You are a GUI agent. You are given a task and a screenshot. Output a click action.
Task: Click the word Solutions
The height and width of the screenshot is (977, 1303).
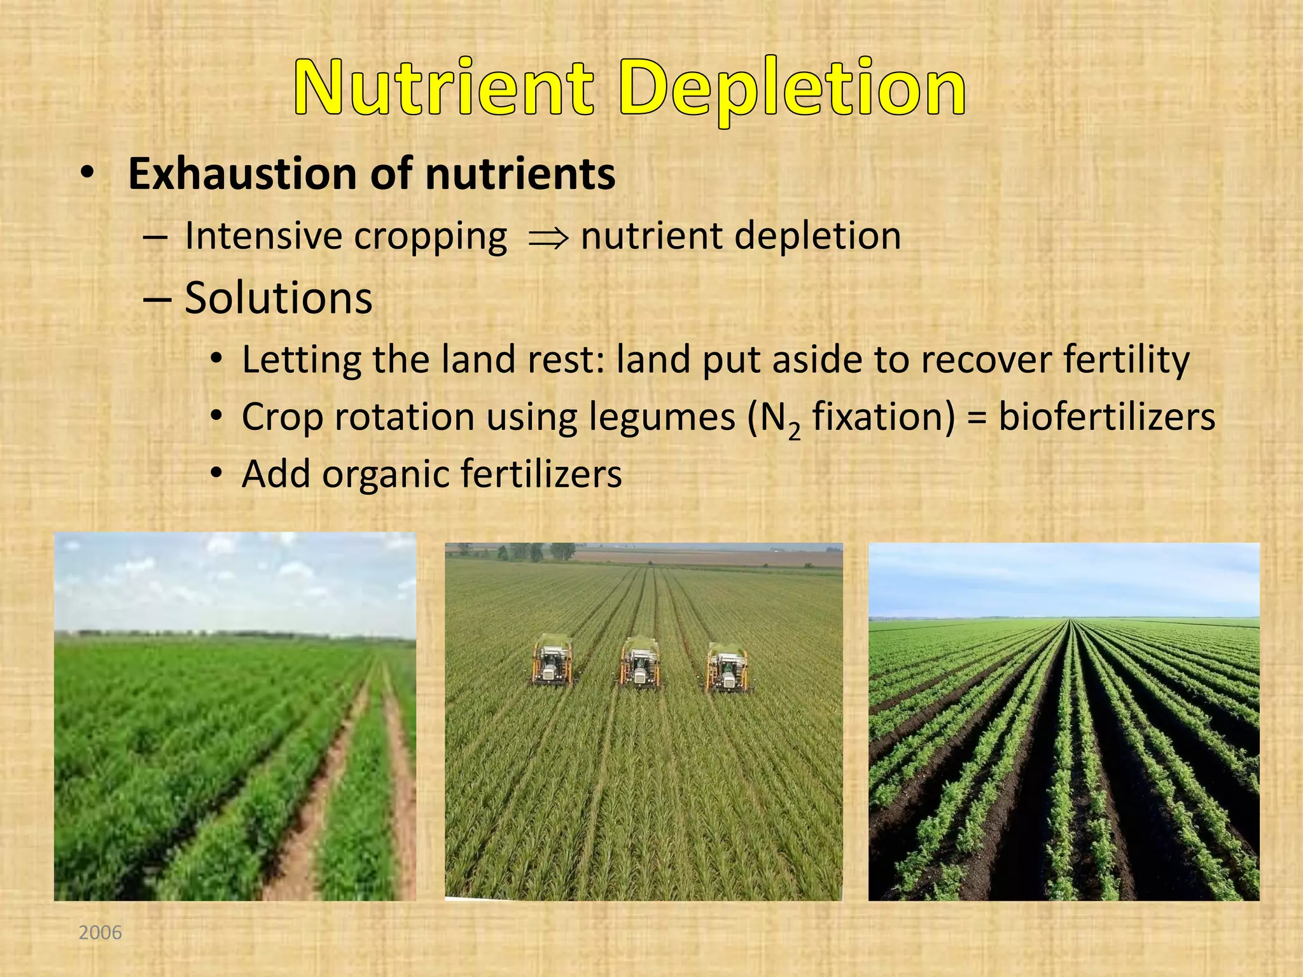[278, 298]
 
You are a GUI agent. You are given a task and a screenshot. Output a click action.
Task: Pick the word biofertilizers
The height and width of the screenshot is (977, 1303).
[1106, 417]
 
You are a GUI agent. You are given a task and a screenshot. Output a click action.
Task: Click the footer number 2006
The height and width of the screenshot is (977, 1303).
[100, 932]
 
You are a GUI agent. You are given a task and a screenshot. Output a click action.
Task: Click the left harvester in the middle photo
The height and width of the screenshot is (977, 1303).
[552, 662]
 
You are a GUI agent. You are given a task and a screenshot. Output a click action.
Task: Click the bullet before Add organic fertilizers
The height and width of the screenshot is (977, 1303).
[218, 474]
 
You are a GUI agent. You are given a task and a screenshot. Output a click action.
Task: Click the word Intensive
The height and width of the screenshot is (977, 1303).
[263, 236]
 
